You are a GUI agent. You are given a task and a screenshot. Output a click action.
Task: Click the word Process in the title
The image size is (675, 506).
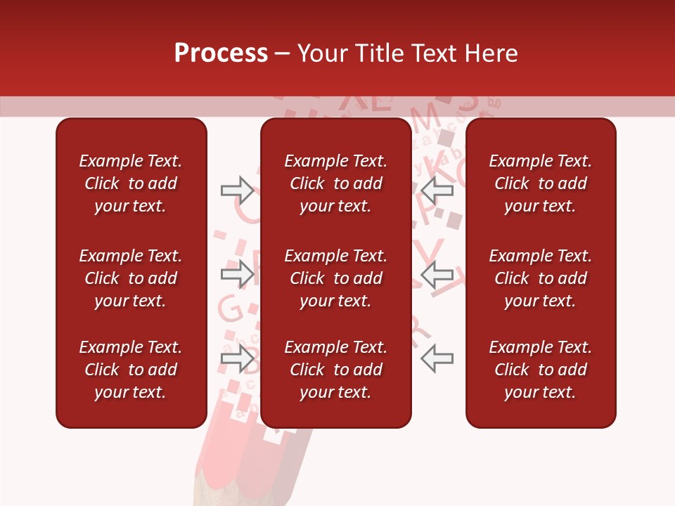tap(221, 53)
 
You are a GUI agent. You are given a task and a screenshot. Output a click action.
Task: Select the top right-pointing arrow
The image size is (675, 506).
tap(238, 189)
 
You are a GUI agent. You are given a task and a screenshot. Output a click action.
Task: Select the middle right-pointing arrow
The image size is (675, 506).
tap(238, 274)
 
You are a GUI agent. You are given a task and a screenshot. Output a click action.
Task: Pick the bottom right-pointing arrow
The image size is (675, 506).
tap(238, 359)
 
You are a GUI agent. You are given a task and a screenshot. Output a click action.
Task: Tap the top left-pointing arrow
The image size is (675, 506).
tap(437, 189)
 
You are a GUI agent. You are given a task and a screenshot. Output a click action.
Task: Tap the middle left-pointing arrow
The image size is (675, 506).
tap(437, 274)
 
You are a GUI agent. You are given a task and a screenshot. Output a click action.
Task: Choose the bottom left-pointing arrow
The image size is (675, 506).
tap(437, 359)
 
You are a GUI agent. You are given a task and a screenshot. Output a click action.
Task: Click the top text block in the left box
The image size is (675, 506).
tap(131, 183)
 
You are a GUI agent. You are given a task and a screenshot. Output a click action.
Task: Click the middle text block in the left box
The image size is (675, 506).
tap(131, 278)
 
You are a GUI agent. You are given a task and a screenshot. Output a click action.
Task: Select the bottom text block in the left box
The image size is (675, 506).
tap(131, 370)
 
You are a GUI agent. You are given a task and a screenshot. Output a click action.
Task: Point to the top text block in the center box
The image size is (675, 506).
tap(336, 183)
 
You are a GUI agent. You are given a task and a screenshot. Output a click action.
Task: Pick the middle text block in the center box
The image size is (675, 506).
tap(336, 278)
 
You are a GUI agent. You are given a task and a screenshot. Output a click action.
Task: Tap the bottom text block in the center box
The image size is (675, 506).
tap(336, 370)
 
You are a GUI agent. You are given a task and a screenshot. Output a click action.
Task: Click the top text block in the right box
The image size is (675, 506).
tap(541, 183)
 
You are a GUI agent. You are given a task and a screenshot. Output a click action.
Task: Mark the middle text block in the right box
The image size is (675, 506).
tap(541, 278)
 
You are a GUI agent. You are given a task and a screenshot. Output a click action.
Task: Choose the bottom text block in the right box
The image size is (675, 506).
tap(541, 370)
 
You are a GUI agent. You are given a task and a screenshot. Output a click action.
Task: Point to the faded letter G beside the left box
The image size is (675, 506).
tap(227, 308)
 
